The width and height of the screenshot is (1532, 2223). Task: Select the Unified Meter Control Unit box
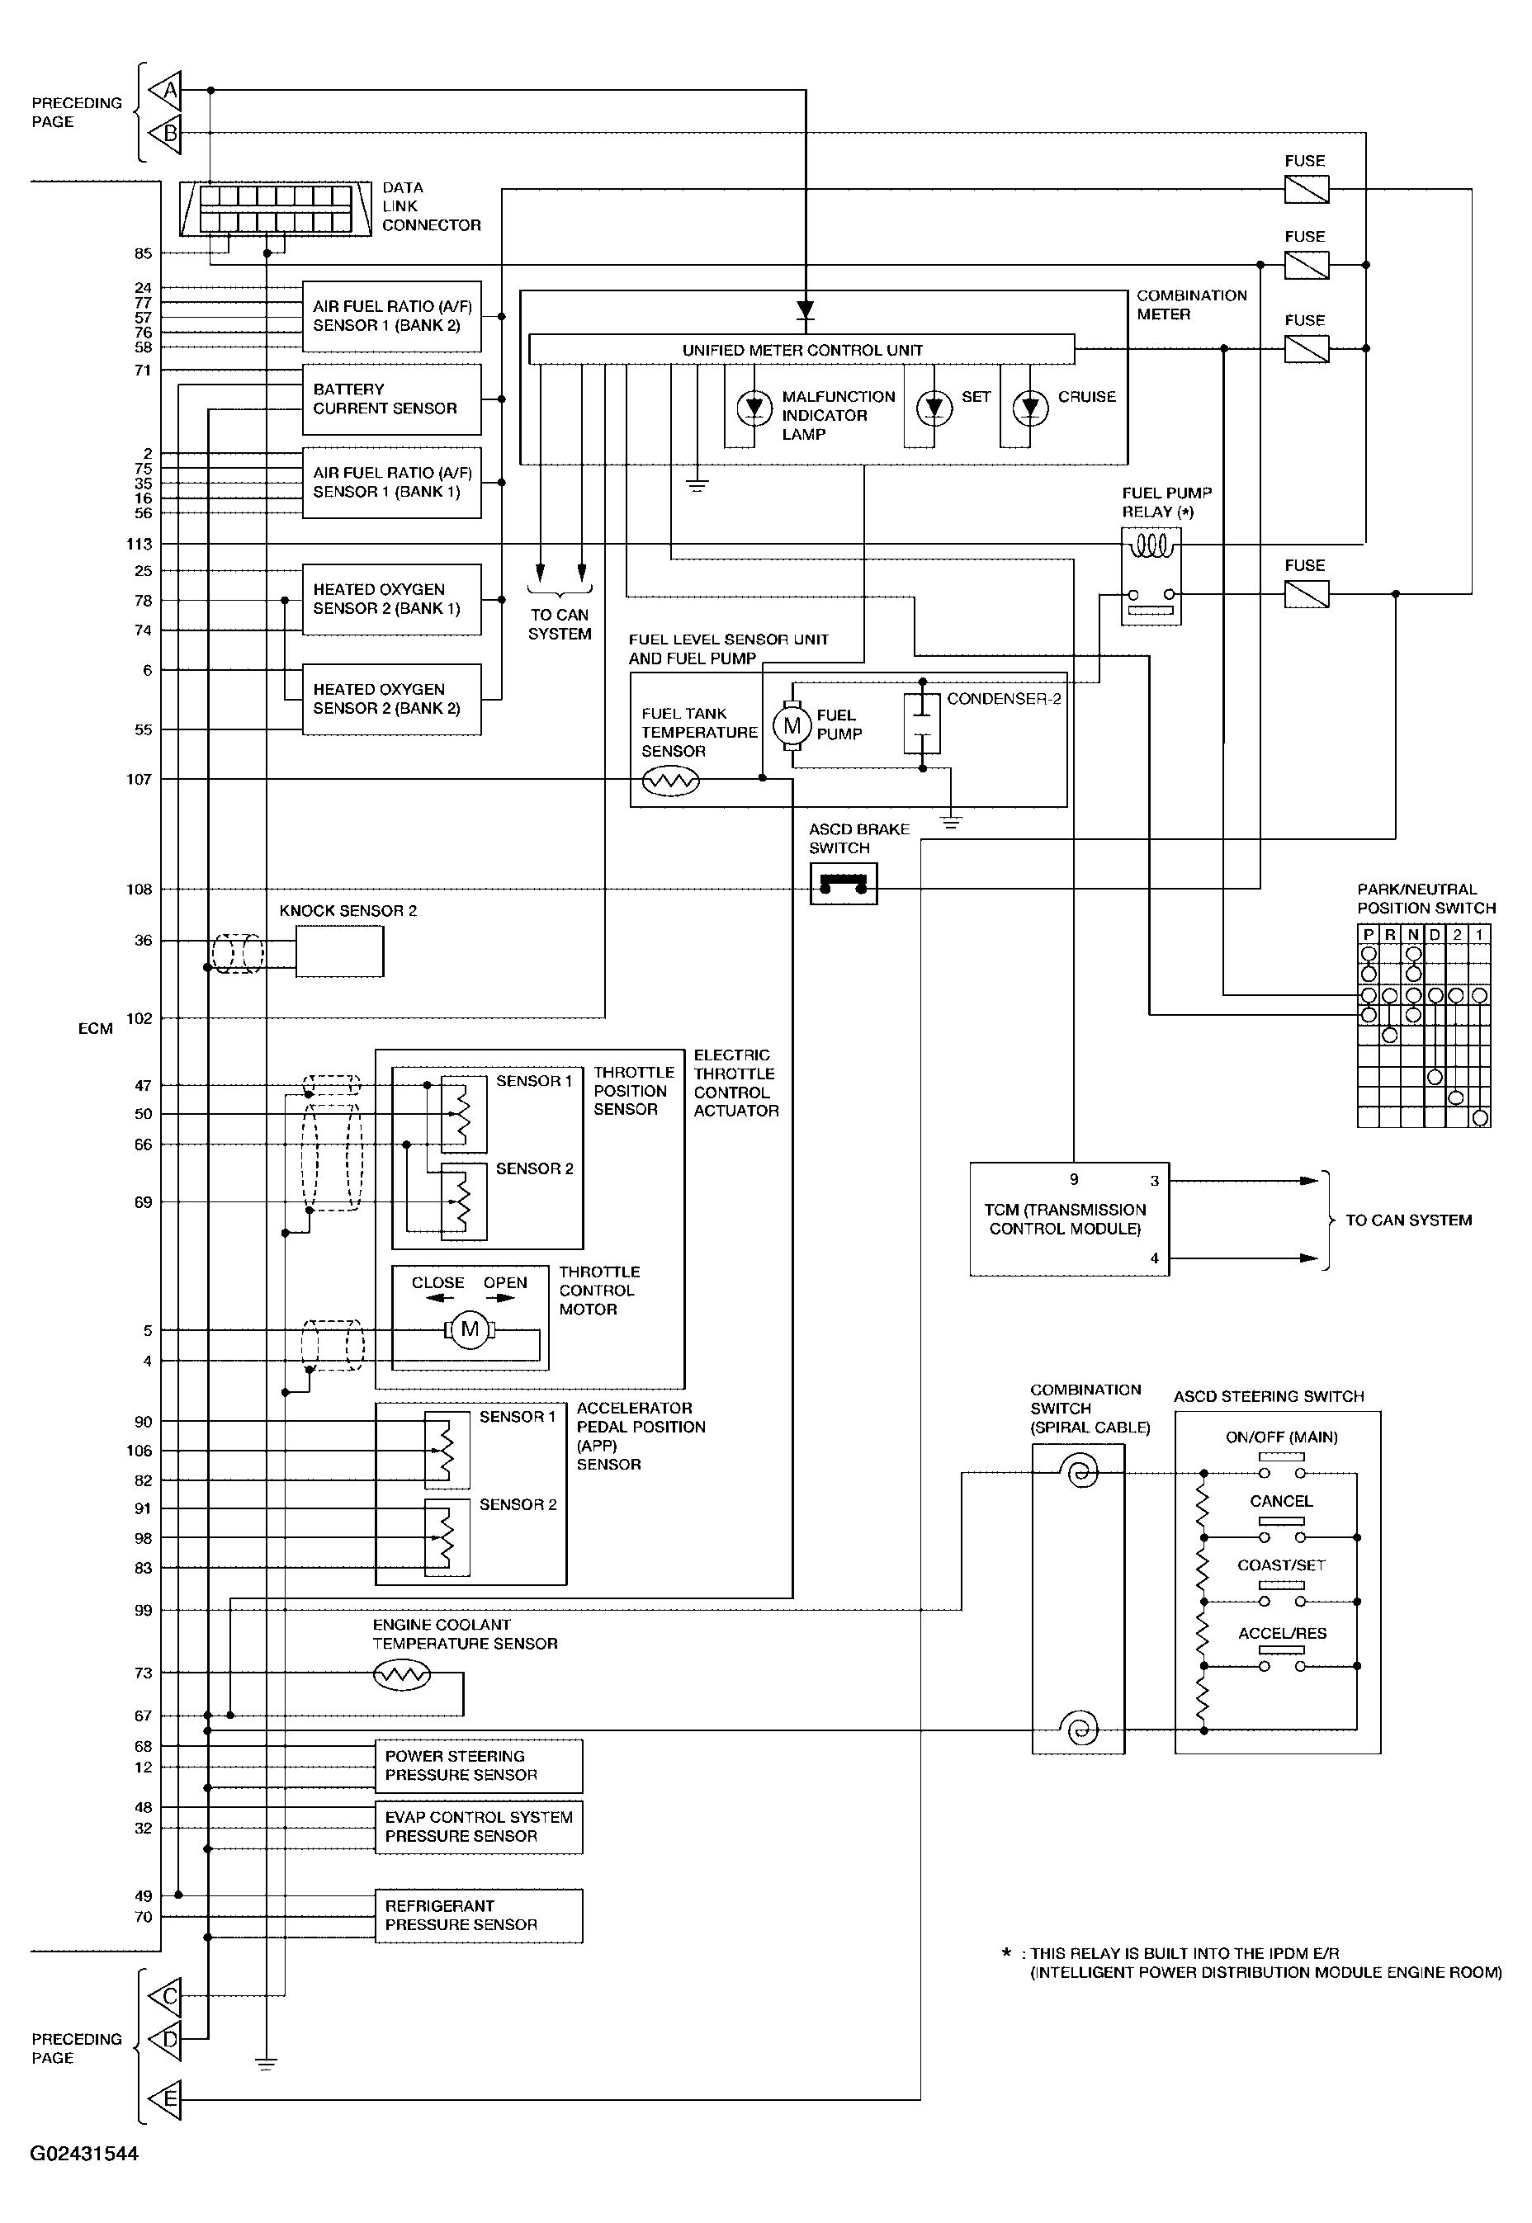801,349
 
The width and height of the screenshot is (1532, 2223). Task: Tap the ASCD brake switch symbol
843,884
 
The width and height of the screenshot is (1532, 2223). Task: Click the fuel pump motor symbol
792,726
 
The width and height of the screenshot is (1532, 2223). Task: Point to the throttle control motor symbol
470,1330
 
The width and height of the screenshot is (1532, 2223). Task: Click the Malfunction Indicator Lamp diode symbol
754,408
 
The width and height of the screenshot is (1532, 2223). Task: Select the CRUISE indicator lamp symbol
1030,408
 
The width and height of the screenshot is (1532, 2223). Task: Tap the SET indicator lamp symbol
934,408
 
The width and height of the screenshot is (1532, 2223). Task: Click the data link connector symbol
276,208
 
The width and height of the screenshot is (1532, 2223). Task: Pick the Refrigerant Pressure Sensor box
478,1916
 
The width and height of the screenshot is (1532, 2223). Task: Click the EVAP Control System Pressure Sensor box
478,1827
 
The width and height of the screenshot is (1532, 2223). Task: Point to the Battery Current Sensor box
391,399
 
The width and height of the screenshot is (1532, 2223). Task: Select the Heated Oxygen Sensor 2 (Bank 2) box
391,700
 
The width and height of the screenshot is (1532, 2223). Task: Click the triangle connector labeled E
165,2099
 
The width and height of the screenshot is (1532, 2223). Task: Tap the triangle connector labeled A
165,90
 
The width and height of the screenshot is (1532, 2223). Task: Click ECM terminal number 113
139,544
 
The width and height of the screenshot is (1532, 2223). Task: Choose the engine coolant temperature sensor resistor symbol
401,1675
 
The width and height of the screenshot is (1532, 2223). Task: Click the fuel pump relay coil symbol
1151,547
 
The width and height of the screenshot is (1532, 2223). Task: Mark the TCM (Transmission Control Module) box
1069,1219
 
